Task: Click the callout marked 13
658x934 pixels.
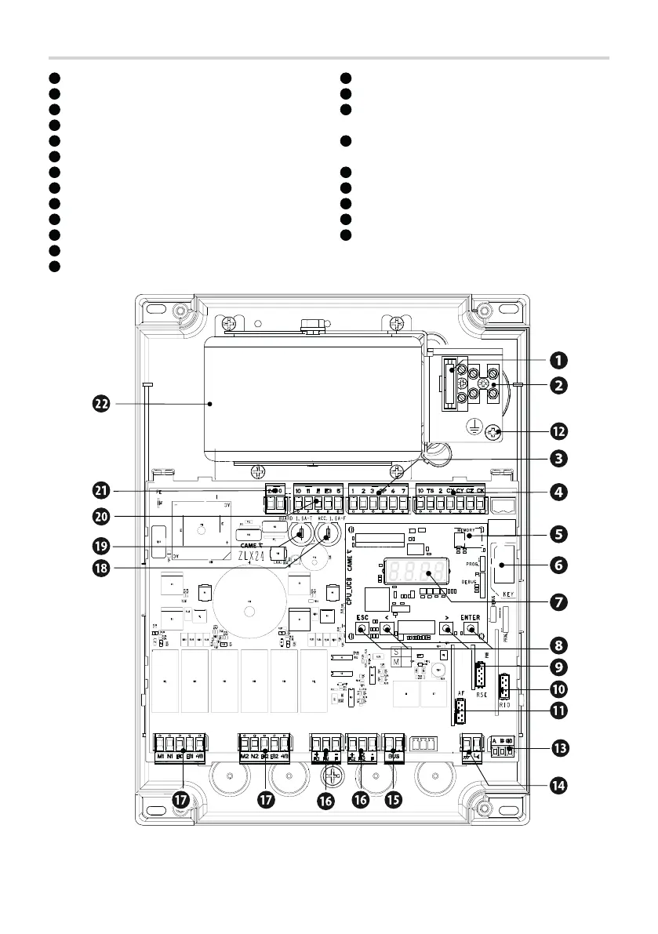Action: coord(558,748)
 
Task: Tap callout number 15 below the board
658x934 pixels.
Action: coord(394,801)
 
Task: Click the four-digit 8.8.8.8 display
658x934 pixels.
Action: coord(416,571)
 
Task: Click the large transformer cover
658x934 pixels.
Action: coord(314,400)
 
